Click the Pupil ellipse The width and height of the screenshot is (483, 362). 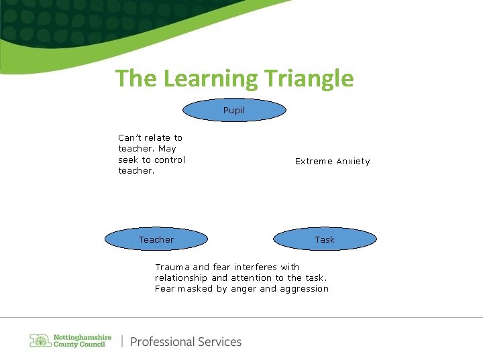(234, 110)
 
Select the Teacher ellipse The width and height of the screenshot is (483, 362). (156, 239)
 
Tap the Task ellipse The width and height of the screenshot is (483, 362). (325, 239)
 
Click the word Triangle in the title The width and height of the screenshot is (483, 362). (307, 78)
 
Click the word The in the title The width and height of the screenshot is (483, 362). (136, 78)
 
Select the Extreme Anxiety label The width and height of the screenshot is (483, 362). (332, 162)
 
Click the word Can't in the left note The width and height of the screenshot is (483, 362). (130, 137)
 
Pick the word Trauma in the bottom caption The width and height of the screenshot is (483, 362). (172, 267)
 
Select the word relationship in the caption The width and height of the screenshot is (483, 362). (181, 278)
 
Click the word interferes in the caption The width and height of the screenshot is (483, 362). (256, 267)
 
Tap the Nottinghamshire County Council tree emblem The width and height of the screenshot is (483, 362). (40, 341)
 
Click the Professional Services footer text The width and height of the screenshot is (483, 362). (186, 342)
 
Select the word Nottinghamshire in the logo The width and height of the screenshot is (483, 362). (83, 337)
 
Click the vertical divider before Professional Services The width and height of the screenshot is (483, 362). (122, 341)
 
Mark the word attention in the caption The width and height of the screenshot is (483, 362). (252, 278)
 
